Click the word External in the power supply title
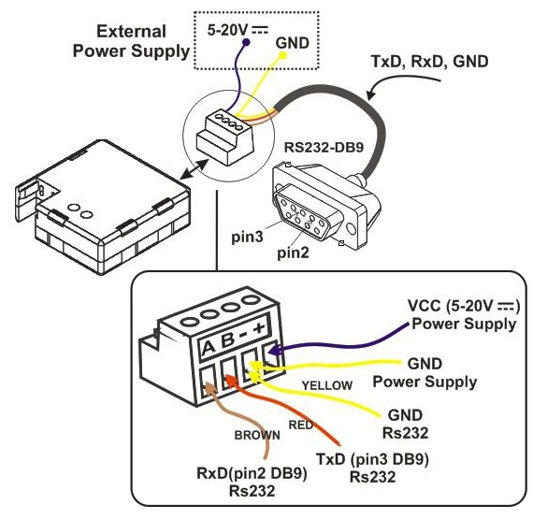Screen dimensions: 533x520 [x=132, y=32]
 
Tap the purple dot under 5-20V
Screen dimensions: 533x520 [x=246, y=42]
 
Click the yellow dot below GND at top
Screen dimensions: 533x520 [x=282, y=55]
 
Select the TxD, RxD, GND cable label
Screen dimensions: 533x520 [x=429, y=62]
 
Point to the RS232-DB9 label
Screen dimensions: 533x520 [x=324, y=148]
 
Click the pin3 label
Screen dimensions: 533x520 [x=247, y=237]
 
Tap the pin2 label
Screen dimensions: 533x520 [x=293, y=253]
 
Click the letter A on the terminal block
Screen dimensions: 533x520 [x=208, y=348]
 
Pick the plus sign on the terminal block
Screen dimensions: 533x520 [x=260, y=328]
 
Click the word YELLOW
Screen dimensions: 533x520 [x=327, y=385]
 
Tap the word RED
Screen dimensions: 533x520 [x=301, y=426]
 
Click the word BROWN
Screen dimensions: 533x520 [x=257, y=435]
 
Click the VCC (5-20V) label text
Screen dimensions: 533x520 [x=465, y=307]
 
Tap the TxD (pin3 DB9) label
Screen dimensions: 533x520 [x=372, y=459]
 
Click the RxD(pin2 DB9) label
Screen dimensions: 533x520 [x=252, y=474]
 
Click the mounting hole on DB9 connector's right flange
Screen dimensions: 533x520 [x=352, y=228]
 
